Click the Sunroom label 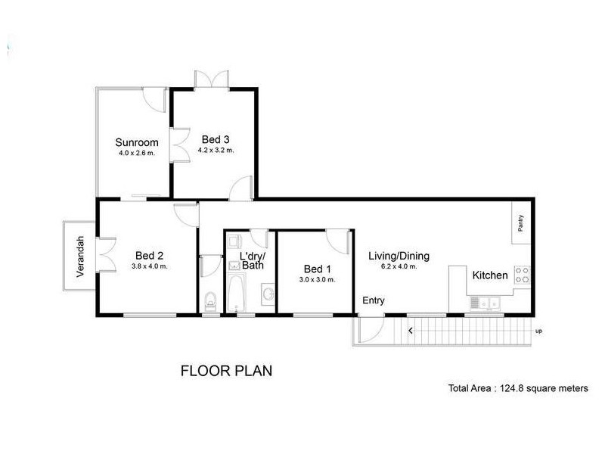tap(137, 142)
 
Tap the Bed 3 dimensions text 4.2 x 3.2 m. tap(216, 150)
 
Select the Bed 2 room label tap(150, 255)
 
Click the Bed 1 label tap(317, 269)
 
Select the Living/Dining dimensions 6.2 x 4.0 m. tap(399, 266)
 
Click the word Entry tap(373, 300)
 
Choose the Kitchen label tap(490, 275)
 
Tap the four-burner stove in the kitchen tap(523, 275)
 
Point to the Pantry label tap(520, 224)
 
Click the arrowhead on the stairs tap(411, 330)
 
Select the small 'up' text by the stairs tap(538, 331)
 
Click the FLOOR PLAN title tap(226, 371)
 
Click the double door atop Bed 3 tap(212, 79)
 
